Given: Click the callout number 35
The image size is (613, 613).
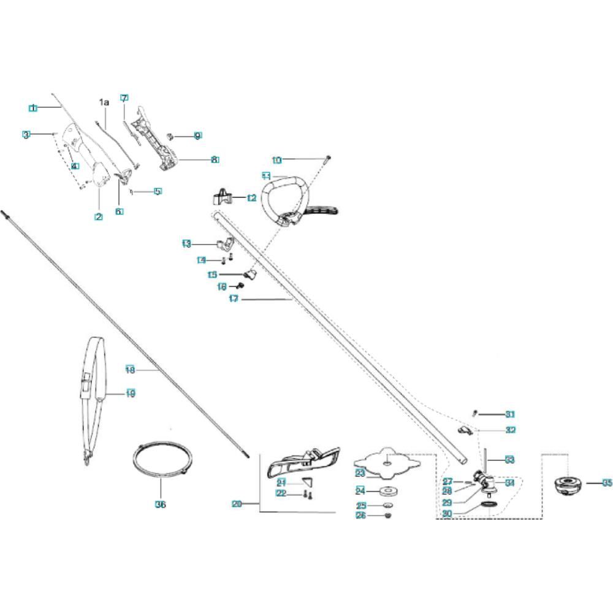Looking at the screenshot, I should click(607, 483).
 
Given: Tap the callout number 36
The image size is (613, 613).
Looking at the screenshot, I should click(161, 505).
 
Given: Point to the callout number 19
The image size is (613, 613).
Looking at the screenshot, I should click(130, 394).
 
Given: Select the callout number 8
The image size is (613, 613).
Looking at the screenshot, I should click(215, 159).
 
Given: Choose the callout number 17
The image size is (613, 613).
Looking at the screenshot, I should click(233, 299).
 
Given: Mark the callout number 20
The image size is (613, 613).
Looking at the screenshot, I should click(237, 504).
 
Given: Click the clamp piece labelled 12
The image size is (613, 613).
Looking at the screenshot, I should click(223, 197).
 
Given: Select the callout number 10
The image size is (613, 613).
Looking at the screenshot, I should click(277, 160).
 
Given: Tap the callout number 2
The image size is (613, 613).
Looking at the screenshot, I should click(98, 217).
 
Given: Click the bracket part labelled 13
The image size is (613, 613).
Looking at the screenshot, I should click(226, 243).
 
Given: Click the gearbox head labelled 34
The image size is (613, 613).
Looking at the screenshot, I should click(484, 479).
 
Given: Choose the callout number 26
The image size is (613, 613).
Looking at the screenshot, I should click(361, 516).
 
